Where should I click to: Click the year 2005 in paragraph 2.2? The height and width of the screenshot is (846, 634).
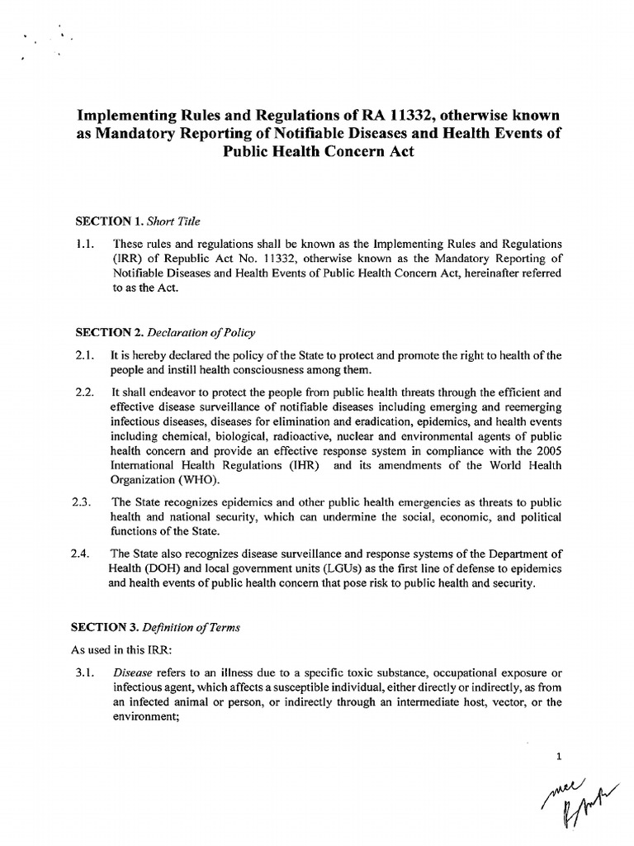(x=546, y=452)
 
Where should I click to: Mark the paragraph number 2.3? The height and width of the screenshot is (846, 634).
(x=85, y=502)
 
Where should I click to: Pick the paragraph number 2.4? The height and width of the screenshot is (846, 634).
(x=85, y=554)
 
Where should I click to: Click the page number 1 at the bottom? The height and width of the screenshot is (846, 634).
(x=559, y=756)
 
